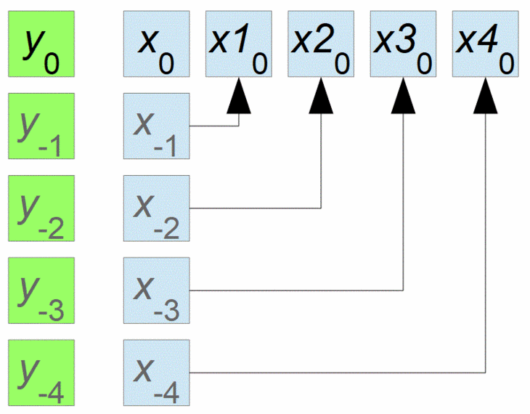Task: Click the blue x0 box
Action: tap(156, 44)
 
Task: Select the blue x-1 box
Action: tap(156, 126)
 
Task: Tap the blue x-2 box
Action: tap(156, 208)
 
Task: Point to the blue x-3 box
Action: tap(156, 290)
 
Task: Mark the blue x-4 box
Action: tap(156, 372)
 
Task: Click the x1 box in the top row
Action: tap(239, 44)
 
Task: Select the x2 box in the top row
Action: tap(321, 44)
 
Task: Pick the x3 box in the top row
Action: tap(403, 44)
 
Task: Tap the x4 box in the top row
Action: tap(485, 44)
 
